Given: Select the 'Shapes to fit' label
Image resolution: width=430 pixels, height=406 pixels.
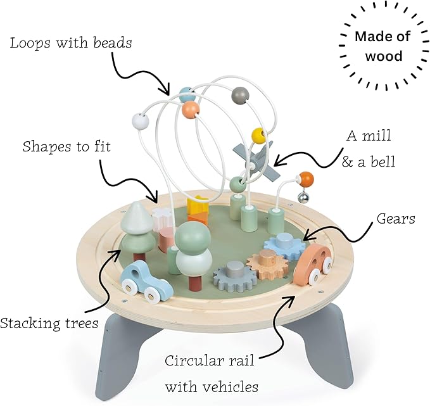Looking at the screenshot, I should [66, 147].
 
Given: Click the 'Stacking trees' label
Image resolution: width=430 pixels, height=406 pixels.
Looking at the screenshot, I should [49, 324].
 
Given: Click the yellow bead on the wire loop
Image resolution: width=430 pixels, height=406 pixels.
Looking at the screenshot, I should [258, 136].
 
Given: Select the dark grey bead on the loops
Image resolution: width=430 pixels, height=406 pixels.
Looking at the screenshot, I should [239, 94].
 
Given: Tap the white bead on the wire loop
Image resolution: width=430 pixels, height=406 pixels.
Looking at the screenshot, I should [138, 120].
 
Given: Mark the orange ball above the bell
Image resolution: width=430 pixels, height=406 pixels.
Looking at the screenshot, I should [306, 178].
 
